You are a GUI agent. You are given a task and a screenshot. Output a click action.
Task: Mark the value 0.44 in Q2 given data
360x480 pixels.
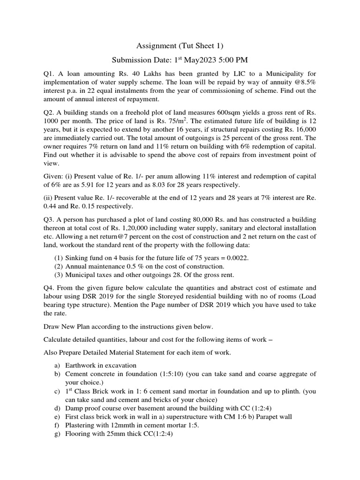click(50, 206)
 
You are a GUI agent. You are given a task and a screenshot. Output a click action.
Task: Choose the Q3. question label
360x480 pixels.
click(50, 220)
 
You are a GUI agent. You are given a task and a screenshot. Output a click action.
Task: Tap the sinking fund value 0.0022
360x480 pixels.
click(238, 258)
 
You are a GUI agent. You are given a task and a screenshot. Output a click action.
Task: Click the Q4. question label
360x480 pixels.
click(50, 288)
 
